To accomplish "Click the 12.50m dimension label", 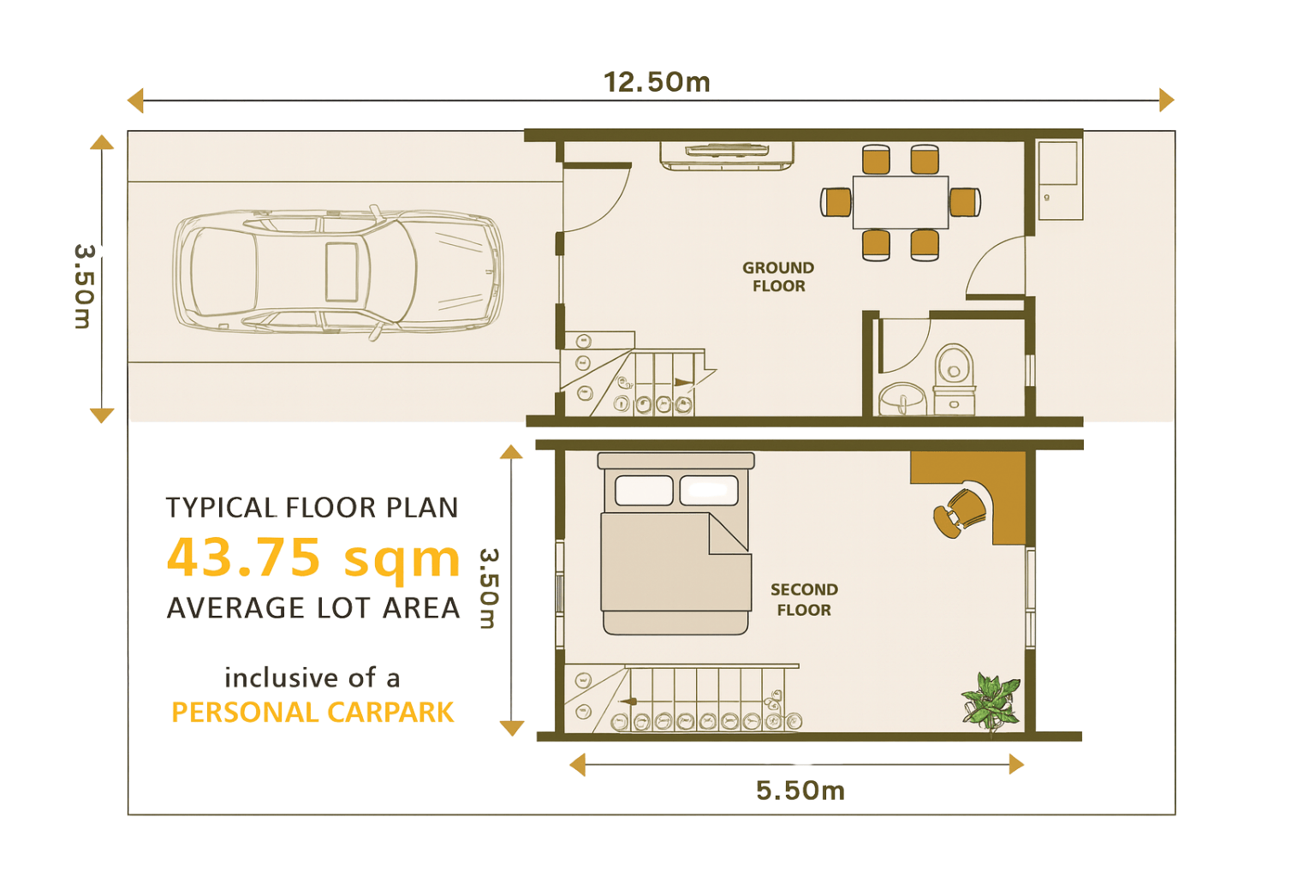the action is pos(657,82).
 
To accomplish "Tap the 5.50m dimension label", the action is pos(800,790).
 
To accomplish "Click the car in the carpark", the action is pos(338,273).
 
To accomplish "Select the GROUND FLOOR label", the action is pos(778,277).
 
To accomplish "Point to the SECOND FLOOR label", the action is pos(804,600).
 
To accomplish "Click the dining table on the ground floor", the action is pos(901,202).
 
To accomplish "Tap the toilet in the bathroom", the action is pos(954,379).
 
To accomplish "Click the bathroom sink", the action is pos(902,399).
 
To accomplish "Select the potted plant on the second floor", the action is pos(991,701).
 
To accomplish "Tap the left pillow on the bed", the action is pos(644,490).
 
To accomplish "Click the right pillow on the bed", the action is pos(709,490).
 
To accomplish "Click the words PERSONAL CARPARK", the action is pos(312,713).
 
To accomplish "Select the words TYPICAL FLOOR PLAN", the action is pos(312,508).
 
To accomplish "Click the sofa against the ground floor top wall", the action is pos(727,156).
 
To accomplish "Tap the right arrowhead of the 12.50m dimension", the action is pos(1167,100).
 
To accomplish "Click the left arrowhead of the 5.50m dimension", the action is pos(578,765).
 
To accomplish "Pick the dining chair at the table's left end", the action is pos(836,202).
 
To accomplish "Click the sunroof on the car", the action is pos(342,272).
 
